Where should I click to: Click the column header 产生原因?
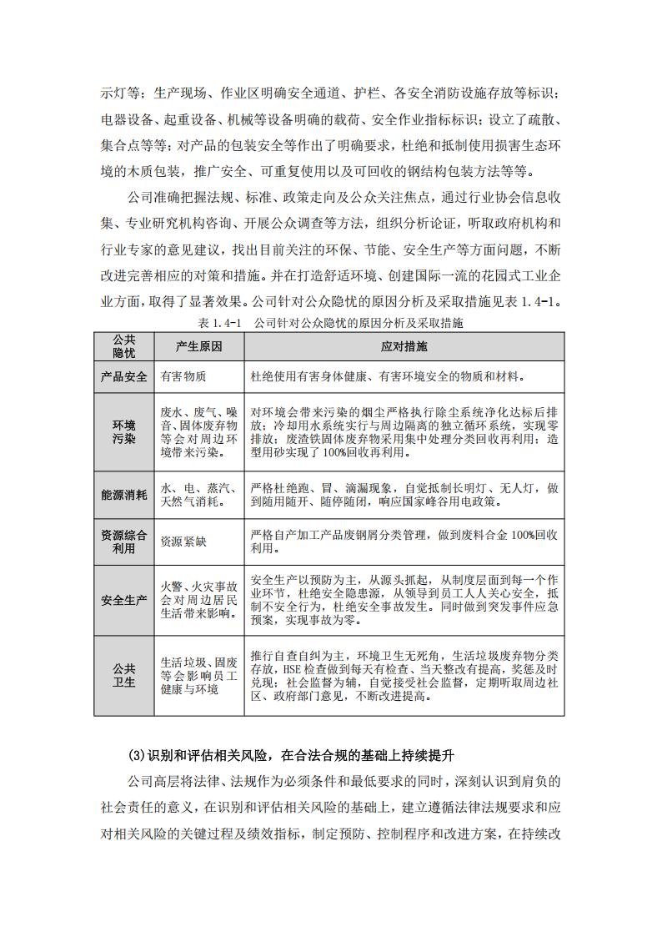(x=198, y=346)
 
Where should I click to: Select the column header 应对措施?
(x=404, y=346)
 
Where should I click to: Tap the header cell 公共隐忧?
(x=123, y=346)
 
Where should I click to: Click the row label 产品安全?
(x=123, y=376)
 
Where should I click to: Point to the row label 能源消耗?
(x=123, y=494)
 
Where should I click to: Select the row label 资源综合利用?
(x=123, y=541)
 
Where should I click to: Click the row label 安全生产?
(x=123, y=600)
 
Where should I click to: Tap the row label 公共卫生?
(x=123, y=675)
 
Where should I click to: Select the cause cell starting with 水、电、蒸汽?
(x=198, y=494)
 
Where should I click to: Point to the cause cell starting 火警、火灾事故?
(x=198, y=600)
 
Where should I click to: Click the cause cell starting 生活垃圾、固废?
(x=198, y=675)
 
